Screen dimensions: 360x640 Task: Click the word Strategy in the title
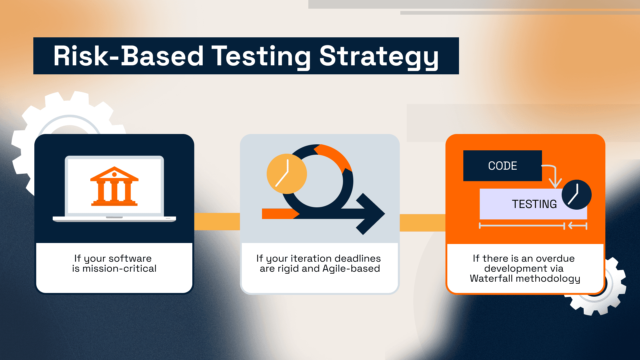[379, 56]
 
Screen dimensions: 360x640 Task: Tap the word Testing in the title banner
[261, 56]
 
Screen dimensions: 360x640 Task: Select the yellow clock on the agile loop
[286, 174]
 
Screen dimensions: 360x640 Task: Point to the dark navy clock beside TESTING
[576, 195]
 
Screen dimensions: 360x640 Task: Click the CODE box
[502, 166]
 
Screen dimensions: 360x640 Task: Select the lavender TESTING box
[527, 204]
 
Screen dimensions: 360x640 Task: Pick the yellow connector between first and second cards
[217, 221]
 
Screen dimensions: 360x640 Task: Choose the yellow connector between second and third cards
[422, 222]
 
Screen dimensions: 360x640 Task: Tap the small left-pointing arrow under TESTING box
[577, 226]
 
